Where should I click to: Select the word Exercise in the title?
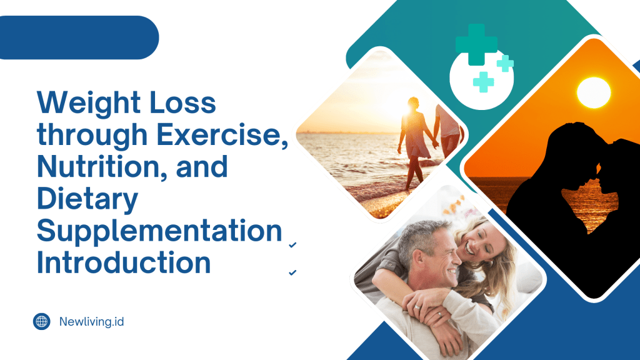(222, 134)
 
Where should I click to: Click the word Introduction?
(124, 262)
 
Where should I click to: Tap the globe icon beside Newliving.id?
(42, 322)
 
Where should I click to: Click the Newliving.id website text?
(91, 322)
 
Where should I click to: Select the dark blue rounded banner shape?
(77, 37)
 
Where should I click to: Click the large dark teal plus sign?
(476, 44)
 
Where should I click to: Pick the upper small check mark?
(292, 245)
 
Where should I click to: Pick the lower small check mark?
(292, 272)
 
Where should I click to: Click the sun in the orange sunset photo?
(594, 92)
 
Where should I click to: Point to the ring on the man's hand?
(416, 307)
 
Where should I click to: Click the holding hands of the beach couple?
(436, 143)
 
